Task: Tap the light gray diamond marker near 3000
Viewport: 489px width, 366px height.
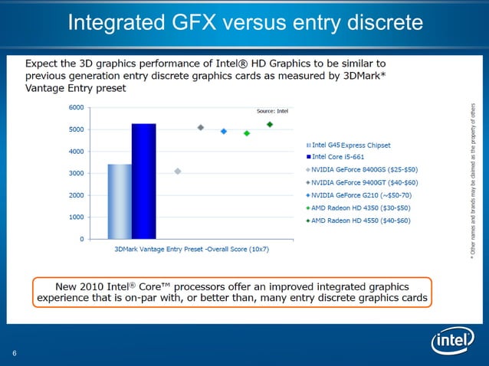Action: tap(178, 172)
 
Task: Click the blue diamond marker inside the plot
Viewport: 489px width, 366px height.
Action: tap(224, 132)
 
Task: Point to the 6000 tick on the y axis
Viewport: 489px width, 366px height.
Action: tap(76, 107)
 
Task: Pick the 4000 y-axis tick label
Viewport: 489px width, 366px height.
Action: tap(76, 152)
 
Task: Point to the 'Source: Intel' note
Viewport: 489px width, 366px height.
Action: tap(271, 112)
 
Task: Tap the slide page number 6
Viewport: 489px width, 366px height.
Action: tap(15, 352)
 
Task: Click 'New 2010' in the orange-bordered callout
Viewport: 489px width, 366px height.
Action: tap(78, 285)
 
